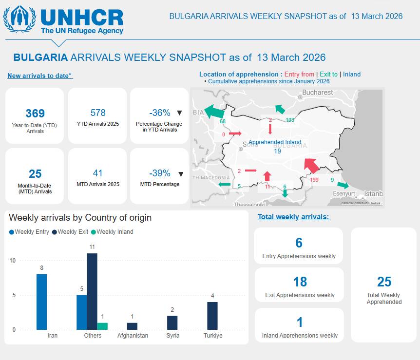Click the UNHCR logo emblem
coord(19,20)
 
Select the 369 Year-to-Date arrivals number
coord(35,114)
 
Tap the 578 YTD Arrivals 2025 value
coord(98,113)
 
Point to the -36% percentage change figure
coord(159,113)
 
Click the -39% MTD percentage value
coord(159,173)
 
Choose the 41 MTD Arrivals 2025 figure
coord(98,173)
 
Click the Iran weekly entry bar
coord(42,302)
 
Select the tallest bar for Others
coord(92,291)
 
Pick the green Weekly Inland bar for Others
coord(102,326)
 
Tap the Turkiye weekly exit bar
coord(212,316)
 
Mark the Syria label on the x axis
coord(172,336)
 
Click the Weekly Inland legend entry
coord(115,232)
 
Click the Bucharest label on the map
coord(318,93)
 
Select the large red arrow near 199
coord(311,165)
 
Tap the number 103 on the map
coord(290,120)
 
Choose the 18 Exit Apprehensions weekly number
coord(300,282)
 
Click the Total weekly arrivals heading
coord(294,217)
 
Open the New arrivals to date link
coord(40,76)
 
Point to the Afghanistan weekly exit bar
coord(133,326)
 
